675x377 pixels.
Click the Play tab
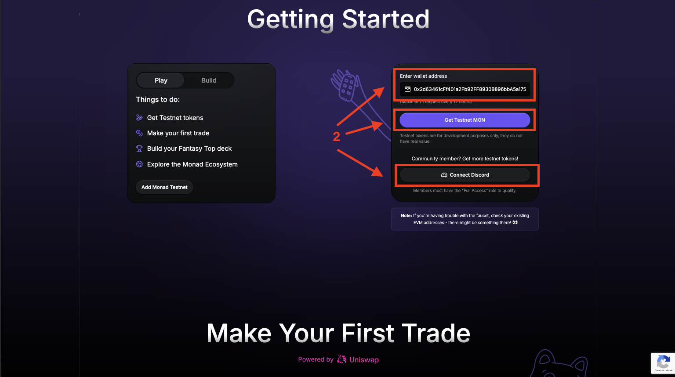pyautogui.click(x=161, y=80)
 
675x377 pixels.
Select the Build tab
pyautogui.click(x=209, y=80)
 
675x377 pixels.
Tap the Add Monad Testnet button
pyautogui.click(x=164, y=187)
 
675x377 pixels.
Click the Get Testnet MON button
pyautogui.click(x=465, y=120)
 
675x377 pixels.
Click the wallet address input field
pyautogui.click(x=469, y=89)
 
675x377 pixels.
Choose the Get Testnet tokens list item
pyautogui.click(x=175, y=118)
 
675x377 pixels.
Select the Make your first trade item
pyautogui.click(x=178, y=133)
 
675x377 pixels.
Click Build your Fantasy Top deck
pyautogui.click(x=189, y=149)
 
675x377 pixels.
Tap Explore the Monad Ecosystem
pyautogui.click(x=192, y=164)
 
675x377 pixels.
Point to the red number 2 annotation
pyautogui.click(x=337, y=137)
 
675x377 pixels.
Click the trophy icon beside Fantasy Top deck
pyautogui.click(x=139, y=149)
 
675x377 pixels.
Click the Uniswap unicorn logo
pyautogui.click(x=341, y=359)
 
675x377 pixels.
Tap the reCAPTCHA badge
pyautogui.click(x=663, y=363)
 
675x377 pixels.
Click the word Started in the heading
pyautogui.click(x=385, y=19)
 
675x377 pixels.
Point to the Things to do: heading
pyautogui.click(x=158, y=100)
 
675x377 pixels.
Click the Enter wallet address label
pyautogui.click(x=423, y=76)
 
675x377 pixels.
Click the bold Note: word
pyautogui.click(x=406, y=216)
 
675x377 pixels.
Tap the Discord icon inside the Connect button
pyautogui.click(x=444, y=175)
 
